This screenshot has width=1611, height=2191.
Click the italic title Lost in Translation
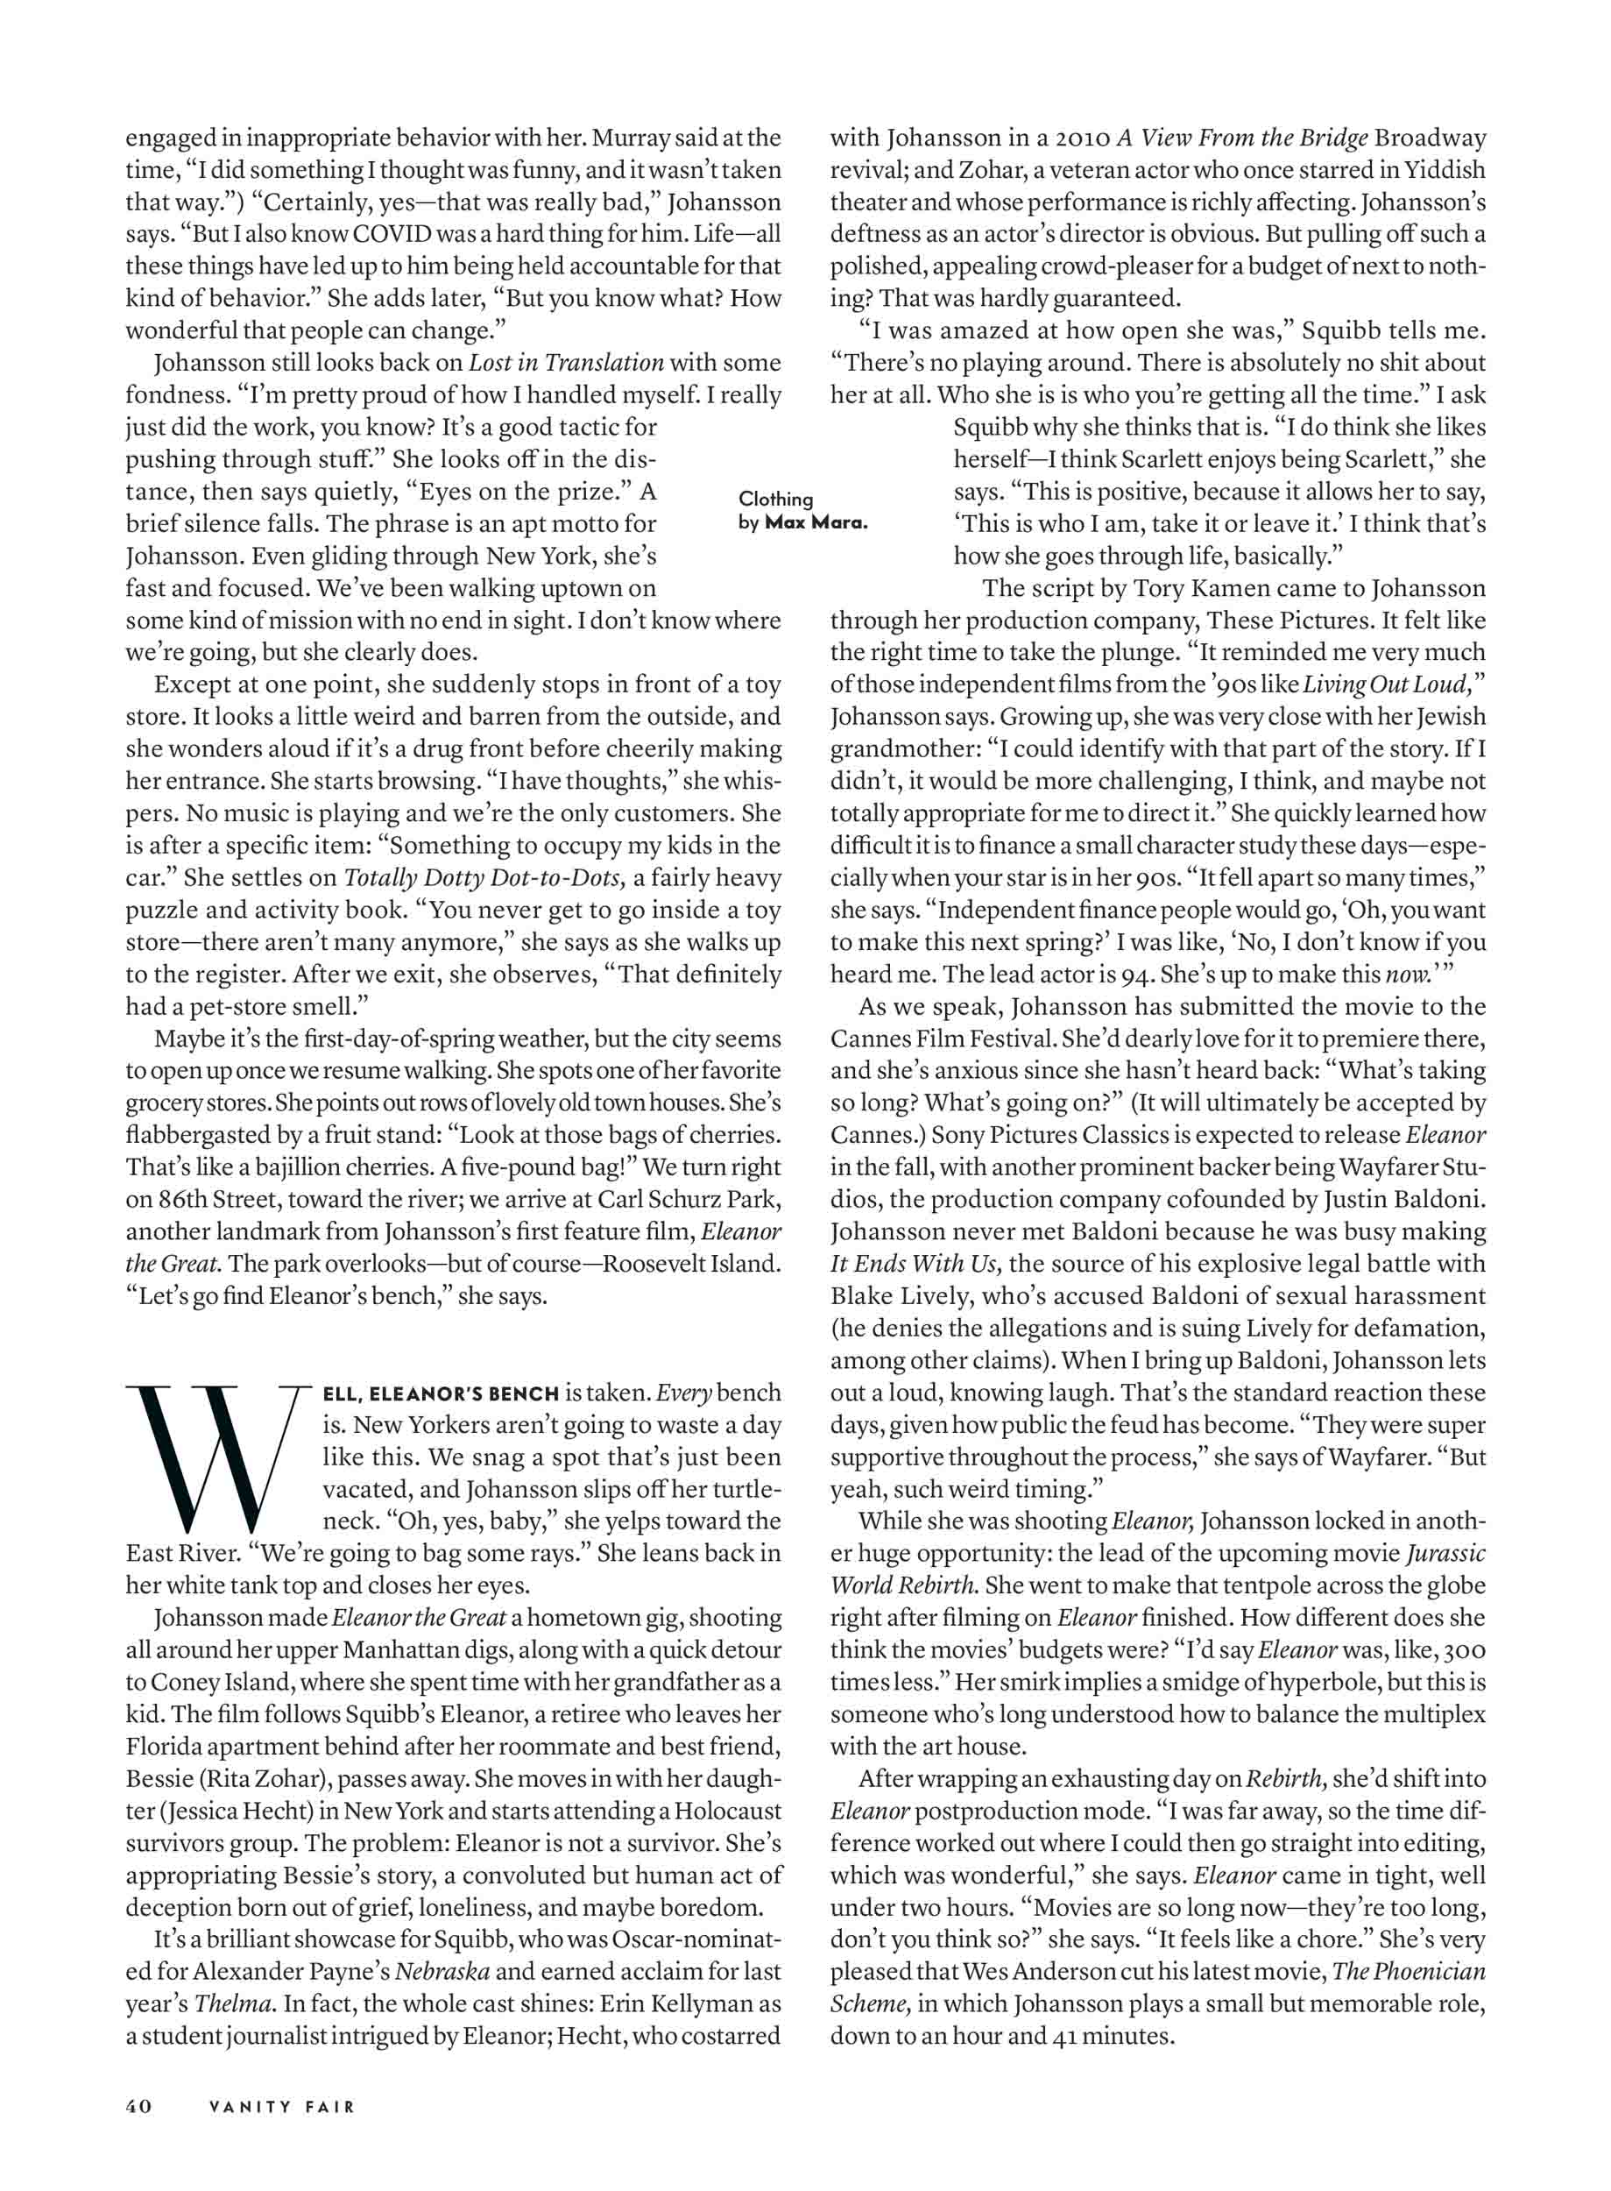(x=566, y=363)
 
